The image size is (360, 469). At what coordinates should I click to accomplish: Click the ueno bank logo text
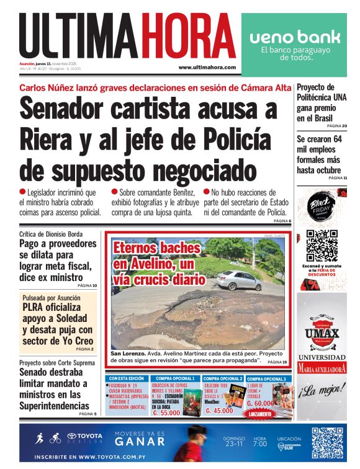click(x=290, y=37)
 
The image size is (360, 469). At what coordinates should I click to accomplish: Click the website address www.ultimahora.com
click(x=207, y=67)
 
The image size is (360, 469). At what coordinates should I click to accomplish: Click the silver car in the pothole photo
click(x=239, y=280)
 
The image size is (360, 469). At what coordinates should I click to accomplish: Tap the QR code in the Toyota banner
click(x=327, y=443)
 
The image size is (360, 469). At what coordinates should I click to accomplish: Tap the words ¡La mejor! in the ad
click(x=321, y=392)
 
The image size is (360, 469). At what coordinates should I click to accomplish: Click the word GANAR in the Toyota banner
click(x=140, y=442)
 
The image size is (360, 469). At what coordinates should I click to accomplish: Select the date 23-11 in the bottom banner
click(x=234, y=444)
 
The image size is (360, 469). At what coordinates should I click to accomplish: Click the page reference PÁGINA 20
click(x=336, y=127)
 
